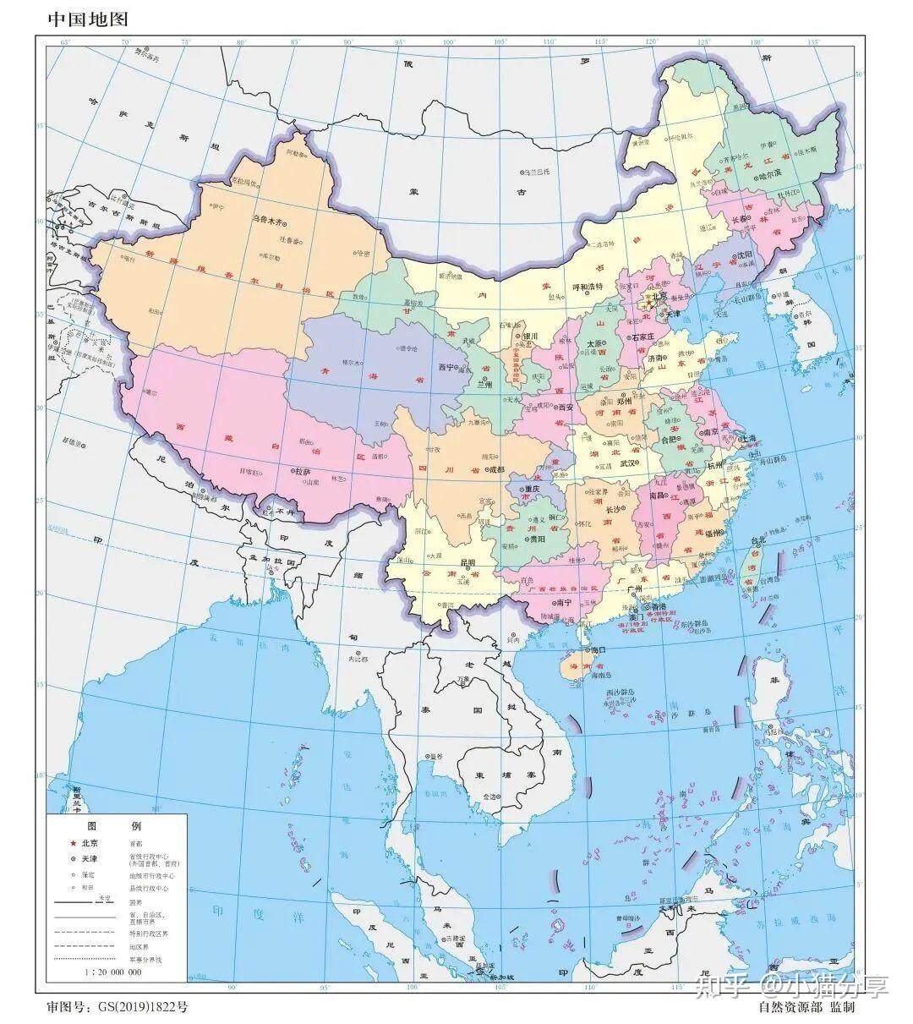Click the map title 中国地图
(82, 19)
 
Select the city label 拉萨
(303, 471)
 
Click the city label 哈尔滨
(769, 176)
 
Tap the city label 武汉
(628, 463)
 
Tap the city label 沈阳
(743, 254)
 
